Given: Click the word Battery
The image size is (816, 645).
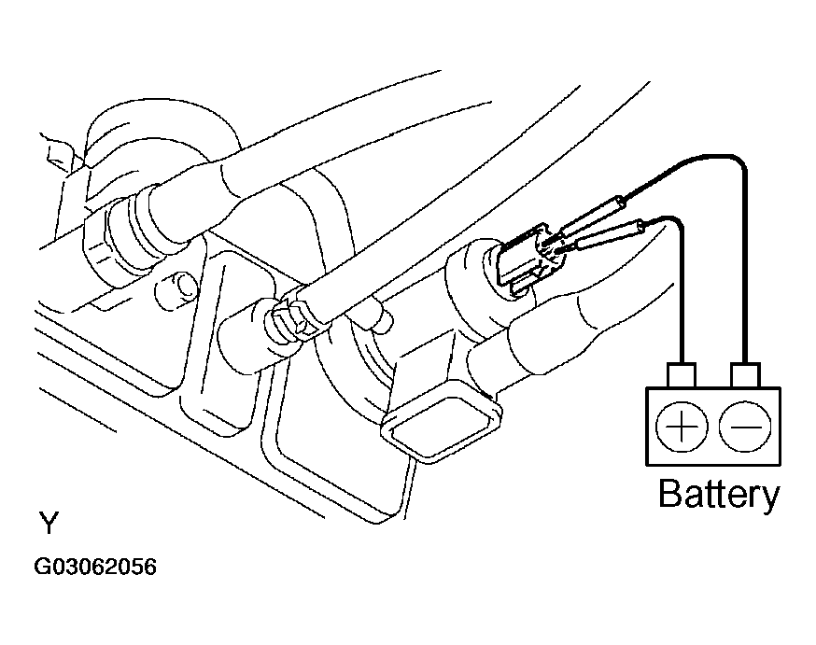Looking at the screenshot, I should [718, 494].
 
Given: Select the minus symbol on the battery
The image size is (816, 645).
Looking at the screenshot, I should [744, 428].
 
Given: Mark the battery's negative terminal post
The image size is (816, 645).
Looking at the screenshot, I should [744, 375].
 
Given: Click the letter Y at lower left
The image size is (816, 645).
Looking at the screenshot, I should [48, 523].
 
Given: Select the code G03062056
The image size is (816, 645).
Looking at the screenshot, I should [96, 568].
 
